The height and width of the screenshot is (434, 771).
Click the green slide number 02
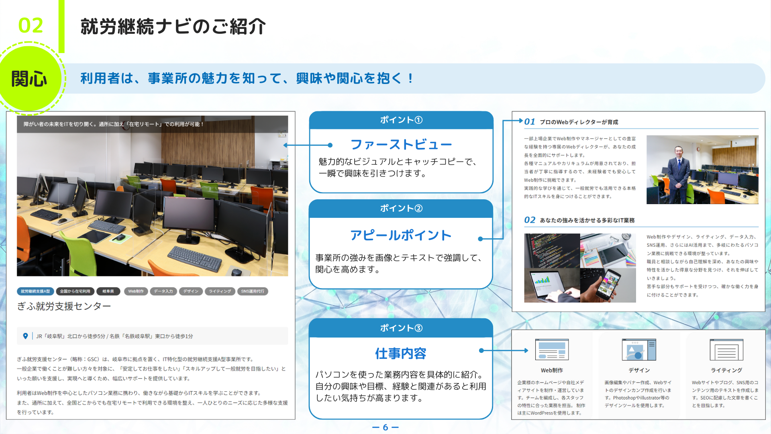coord(31,26)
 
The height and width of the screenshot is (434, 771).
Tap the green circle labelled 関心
coord(29,78)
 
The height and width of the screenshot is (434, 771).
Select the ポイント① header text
coord(401,120)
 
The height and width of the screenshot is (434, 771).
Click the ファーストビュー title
coord(401,144)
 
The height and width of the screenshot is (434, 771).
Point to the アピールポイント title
coord(401,235)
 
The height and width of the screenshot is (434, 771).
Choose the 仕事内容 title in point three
coord(401,354)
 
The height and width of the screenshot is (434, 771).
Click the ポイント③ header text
coord(401,328)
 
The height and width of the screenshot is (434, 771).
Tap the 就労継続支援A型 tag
coord(35,291)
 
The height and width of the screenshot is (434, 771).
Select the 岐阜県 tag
coord(108,291)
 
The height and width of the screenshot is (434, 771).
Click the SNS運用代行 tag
coord(253,291)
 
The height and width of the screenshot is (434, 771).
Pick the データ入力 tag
coord(163,291)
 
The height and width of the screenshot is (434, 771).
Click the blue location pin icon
coord(25,336)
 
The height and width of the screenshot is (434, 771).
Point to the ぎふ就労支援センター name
coord(64,306)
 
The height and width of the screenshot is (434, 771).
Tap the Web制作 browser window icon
coord(552,350)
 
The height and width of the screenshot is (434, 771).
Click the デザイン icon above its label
coord(639,350)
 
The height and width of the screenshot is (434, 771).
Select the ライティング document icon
coord(726,350)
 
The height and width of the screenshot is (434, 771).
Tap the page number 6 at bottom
coord(385,427)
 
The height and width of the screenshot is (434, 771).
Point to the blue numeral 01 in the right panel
coord(530,122)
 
